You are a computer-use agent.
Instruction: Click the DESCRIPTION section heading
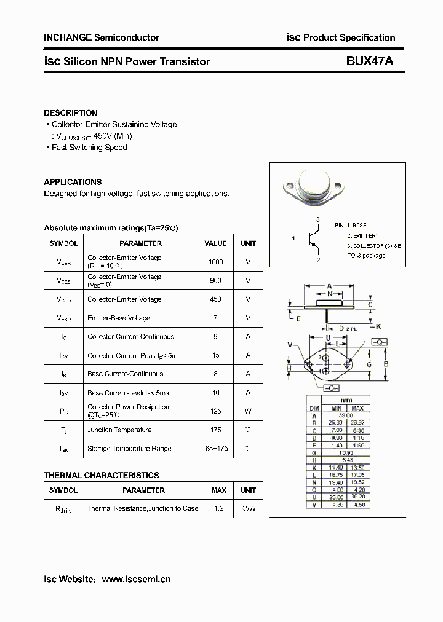[71, 113]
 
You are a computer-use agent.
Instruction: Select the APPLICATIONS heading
[73, 182]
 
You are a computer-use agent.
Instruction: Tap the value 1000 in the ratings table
[216, 262]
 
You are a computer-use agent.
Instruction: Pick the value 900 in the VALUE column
[216, 280]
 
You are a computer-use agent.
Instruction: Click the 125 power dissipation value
[216, 411]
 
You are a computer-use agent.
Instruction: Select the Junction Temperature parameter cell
[119, 430]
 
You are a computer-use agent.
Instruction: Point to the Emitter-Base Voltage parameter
[119, 318]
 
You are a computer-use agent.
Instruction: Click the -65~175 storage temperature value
[216, 449]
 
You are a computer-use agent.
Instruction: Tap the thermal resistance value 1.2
[218, 509]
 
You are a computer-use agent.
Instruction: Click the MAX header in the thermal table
[218, 490]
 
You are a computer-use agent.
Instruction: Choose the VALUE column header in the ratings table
[216, 243]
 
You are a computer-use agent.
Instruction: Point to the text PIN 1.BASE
[351, 226]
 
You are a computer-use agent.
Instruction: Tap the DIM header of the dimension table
[314, 407]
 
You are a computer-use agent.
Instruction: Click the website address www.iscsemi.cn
[135, 579]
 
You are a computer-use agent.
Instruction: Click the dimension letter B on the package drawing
[386, 364]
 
